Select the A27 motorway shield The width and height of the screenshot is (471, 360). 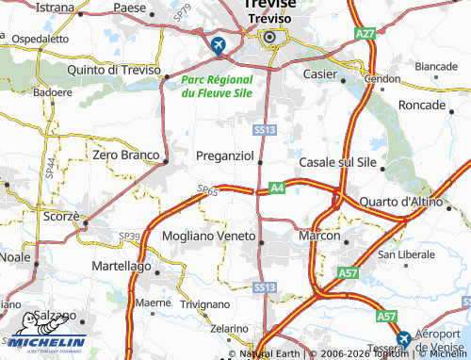365,33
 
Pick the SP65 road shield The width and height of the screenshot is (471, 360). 208,191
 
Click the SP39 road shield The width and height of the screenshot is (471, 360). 130,235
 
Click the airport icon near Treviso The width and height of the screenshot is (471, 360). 219,44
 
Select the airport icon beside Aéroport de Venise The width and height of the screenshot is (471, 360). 403,338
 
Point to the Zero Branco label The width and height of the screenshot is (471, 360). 125,154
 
